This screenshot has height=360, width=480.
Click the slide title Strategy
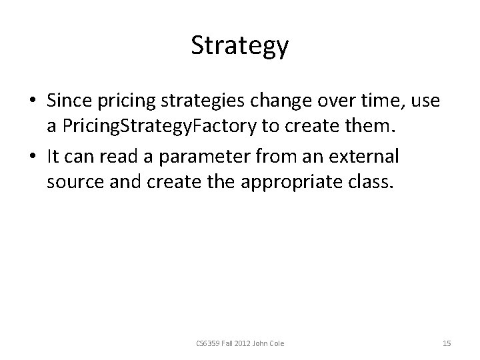coord(239,46)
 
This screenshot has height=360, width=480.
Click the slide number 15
coord(447,343)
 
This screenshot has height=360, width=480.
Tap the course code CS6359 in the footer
coord(207,343)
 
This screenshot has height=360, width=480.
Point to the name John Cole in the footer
coord(269,343)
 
